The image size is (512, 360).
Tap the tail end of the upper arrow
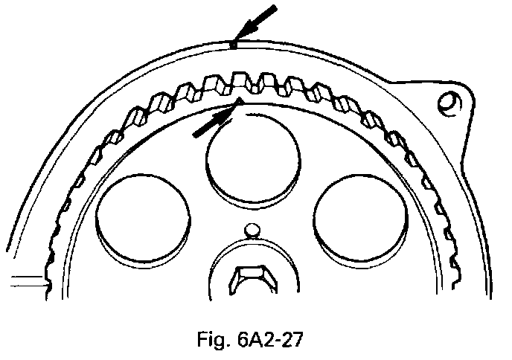click(x=275, y=7)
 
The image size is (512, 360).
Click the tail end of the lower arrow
click(x=195, y=135)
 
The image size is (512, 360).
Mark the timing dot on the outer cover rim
click(x=233, y=45)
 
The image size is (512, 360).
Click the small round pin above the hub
click(x=252, y=231)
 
